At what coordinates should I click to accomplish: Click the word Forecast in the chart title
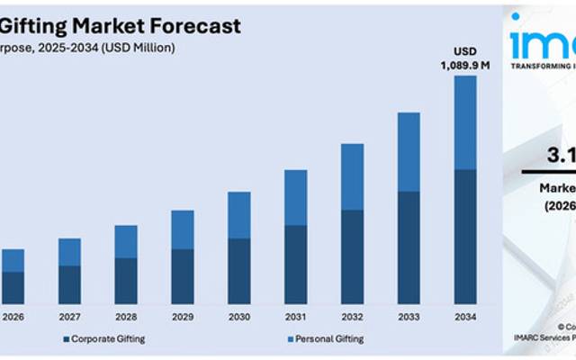tap(195, 25)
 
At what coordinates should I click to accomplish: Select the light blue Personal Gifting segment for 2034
tap(464, 121)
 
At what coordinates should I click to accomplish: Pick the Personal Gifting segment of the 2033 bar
tap(408, 151)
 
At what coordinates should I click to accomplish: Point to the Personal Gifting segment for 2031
tap(295, 196)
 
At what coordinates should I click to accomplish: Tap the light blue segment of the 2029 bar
tap(183, 229)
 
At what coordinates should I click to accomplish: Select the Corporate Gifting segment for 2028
tap(126, 280)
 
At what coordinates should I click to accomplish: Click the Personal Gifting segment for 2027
tap(69, 252)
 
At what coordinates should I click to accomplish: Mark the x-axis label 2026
tap(13, 317)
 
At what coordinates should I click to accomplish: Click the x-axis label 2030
tap(238, 317)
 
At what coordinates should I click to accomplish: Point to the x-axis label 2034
tap(464, 317)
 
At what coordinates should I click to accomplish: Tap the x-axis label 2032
tap(352, 317)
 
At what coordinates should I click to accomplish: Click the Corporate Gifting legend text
tap(107, 338)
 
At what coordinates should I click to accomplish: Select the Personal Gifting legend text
tap(330, 338)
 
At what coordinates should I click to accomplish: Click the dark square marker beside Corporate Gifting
tap(66, 339)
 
